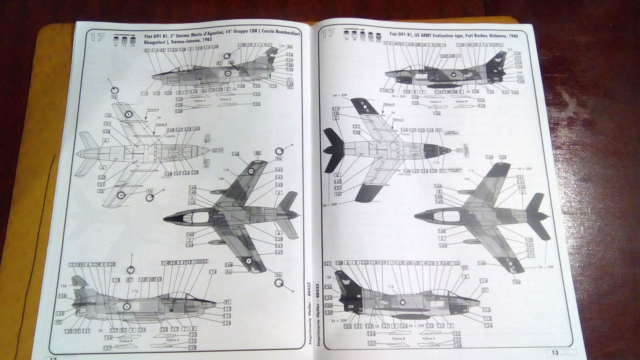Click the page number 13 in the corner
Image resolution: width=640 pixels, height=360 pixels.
click(555, 352)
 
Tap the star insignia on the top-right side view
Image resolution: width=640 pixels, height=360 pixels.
click(454, 74)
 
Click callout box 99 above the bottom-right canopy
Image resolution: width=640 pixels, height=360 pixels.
click(464, 268)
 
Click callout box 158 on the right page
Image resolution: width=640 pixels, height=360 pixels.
click(456, 345)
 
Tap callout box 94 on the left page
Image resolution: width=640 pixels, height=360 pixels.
click(228, 272)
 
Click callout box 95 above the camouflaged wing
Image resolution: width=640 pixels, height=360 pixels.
click(258, 154)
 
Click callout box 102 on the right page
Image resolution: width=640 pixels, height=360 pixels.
click(443, 56)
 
